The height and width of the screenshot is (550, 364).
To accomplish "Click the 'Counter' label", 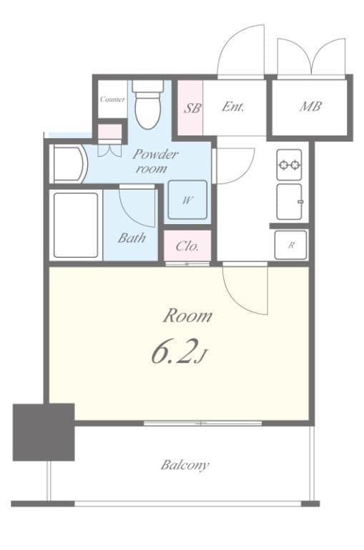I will click(112, 100).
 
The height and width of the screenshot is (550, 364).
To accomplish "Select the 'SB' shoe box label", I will click(192, 107).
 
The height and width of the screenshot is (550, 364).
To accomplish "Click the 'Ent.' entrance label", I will click(233, 107).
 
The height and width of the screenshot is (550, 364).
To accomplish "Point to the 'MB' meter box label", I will click(310, 107).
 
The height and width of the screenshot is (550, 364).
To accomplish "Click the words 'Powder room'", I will click(154, 161).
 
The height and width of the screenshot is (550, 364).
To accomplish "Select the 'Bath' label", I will click(132, 238).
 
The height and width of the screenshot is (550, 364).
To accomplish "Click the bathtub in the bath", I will click(74, 224).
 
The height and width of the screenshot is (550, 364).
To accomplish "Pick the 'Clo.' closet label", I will click(187, 247).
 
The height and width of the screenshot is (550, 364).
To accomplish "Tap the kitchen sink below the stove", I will click(290, 201).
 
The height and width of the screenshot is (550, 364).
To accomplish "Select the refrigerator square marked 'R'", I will click(291, 245).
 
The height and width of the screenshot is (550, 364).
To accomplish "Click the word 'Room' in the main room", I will click(187, 315).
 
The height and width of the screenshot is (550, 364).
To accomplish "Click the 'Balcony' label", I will click(185, 465).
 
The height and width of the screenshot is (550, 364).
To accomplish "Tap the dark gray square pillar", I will click(44, 431).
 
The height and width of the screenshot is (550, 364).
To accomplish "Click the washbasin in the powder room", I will click(68, 163).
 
